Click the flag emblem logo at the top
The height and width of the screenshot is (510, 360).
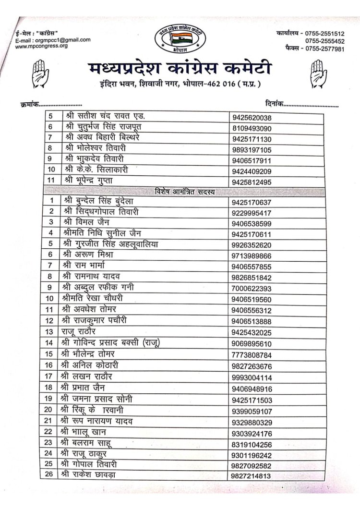tap(180, 37)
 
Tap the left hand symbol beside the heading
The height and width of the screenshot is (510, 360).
tap(38, 73)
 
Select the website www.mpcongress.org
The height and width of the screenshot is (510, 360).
tap(41, 46)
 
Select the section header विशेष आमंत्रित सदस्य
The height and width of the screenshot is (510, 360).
tap(185, 192)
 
